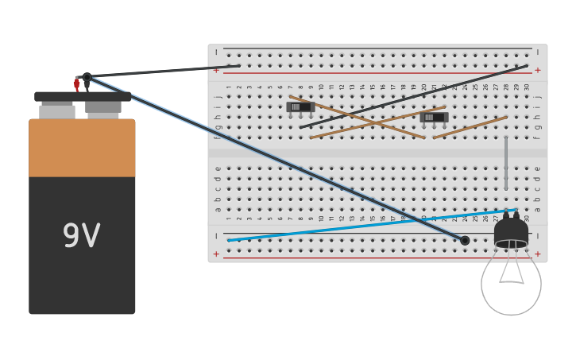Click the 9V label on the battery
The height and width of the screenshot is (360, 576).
tap(81, 236)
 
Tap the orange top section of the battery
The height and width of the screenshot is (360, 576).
tap(82, 148)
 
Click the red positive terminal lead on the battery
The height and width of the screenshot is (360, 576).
tap(77, 83)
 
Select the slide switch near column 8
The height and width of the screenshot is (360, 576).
tap(300, 106)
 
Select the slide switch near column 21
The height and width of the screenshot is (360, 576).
tap(434, 117)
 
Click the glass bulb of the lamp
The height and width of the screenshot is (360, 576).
tap(511, 282)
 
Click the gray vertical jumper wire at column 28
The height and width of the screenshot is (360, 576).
tap(506, 163)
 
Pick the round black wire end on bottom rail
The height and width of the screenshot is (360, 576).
tap(465, 240)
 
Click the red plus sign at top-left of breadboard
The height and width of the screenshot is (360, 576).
tap(216, 71)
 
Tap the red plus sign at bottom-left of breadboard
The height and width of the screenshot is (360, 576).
tap(216, 254)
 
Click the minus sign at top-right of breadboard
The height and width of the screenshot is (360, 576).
tap(538, 52)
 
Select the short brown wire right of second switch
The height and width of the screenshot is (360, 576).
tap(470, 127)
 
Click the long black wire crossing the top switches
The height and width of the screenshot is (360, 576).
tap(413, 97)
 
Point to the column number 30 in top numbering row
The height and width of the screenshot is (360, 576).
tap(527, 87)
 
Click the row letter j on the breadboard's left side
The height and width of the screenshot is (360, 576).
tap(217, 96)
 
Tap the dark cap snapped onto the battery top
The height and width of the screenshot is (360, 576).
tap(82, 96)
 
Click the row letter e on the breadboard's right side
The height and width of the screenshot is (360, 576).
tap(538, 168)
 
